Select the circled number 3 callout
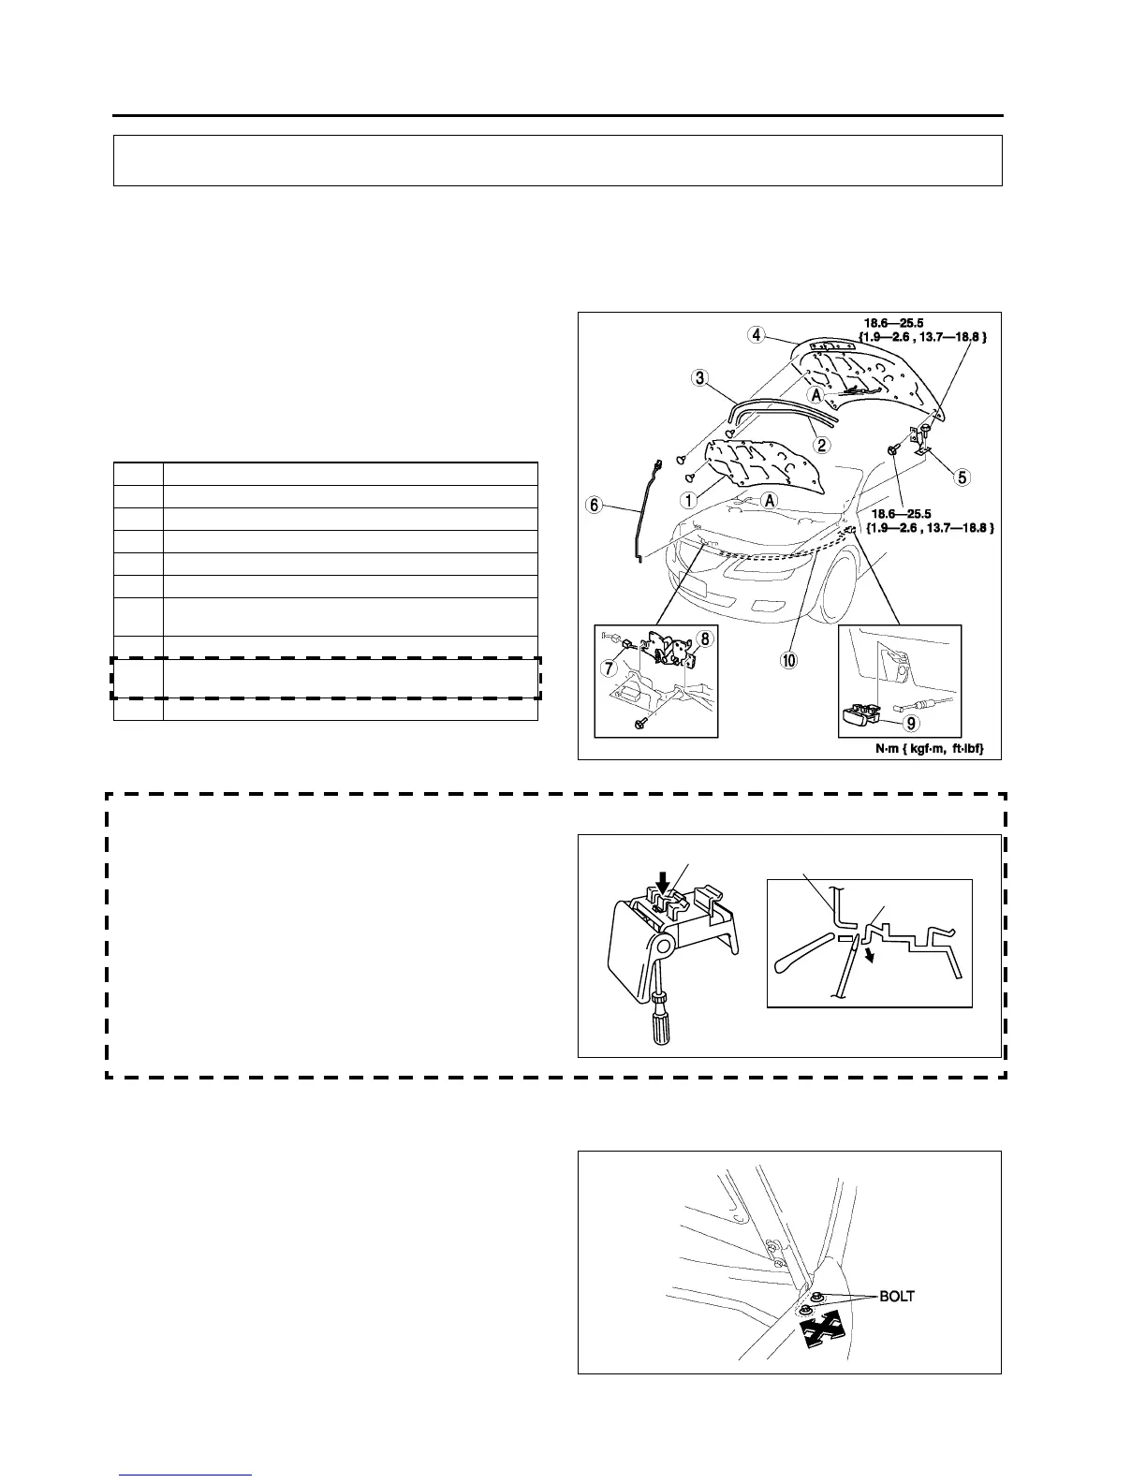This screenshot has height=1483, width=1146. click(698, 378)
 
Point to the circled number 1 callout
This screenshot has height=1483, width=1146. click(688, 500)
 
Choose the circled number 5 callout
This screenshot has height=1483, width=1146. click(961, 477)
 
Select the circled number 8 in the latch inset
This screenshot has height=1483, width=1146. click(704, 639)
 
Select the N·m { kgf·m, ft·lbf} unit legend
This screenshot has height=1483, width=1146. click(922, 746)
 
